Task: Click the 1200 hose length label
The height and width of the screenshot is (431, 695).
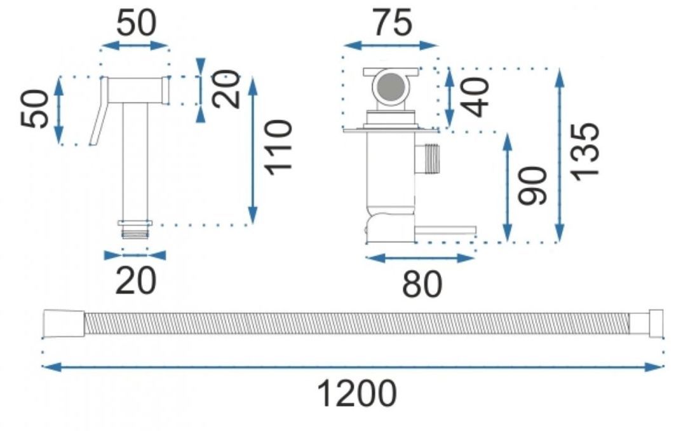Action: (356, 394)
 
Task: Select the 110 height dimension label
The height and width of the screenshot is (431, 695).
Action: (279, 145)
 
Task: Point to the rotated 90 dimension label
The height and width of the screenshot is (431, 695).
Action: (532, 185)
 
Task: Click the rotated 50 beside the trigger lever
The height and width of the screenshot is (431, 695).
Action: (36, 109)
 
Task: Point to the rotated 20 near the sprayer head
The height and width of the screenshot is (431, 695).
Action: (227, 88)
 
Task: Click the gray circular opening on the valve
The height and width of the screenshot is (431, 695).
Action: (388, 86)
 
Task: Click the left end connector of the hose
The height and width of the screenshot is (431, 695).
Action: (63, 324)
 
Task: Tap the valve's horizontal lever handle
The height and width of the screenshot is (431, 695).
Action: (445, 229)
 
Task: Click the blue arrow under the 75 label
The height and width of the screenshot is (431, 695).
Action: (391, 45)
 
